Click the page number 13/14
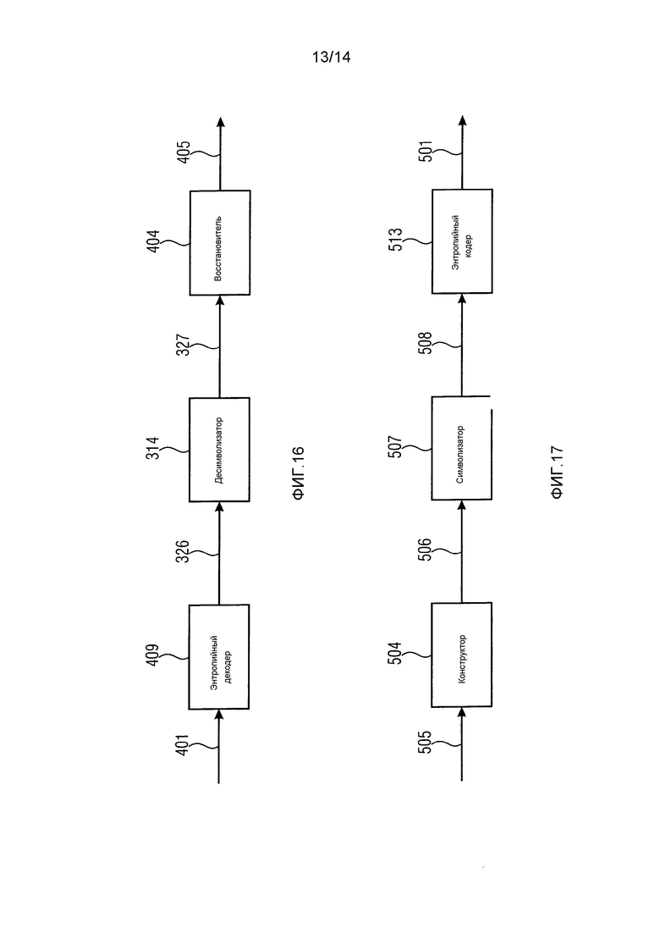(331, 58)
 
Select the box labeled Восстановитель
(220, 243)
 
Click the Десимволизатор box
(220, 450)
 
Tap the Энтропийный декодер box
(219, 657)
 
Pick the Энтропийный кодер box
(462, 241)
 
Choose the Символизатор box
(462, 448)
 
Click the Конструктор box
(462, 655)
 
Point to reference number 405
(184, 152)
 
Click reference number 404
(153, 241)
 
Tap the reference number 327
(184, 345)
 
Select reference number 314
(153, 448)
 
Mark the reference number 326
(184, 551)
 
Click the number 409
(152, 655)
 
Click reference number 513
(396, 239)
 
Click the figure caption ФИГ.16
(298, 473)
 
